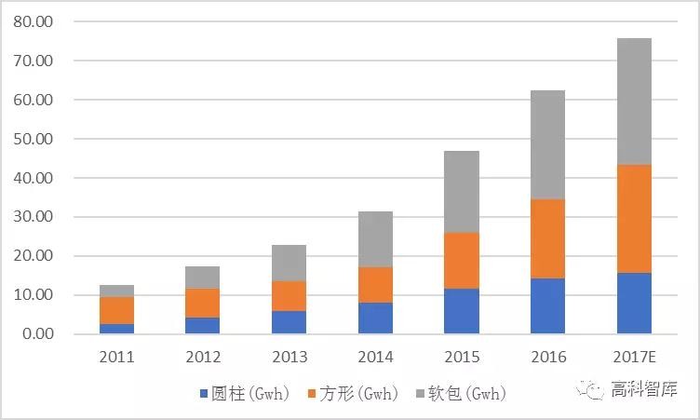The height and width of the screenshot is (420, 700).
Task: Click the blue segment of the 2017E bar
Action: [x=633, y=303]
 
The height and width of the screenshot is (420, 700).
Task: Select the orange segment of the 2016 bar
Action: [x=547, y=238]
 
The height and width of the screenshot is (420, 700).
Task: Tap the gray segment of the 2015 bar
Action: [x=461, y=191]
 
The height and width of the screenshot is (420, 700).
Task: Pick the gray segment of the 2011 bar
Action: [x=117, y=291]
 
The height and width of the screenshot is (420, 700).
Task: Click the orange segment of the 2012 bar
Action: [x=203, y=303]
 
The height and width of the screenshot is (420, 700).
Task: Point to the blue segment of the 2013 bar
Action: [x=289, y=322]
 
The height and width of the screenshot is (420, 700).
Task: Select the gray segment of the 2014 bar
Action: [x=375, y=239]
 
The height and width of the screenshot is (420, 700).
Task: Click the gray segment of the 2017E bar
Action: [x=633, y=102]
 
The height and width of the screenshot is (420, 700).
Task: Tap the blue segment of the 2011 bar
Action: [x=117, y=328]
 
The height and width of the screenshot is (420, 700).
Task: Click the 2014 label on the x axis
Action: [x=375, y=357]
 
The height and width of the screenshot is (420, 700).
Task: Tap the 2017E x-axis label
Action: [x=633, y=357]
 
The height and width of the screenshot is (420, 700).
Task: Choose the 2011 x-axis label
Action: [x=117, y=357]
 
